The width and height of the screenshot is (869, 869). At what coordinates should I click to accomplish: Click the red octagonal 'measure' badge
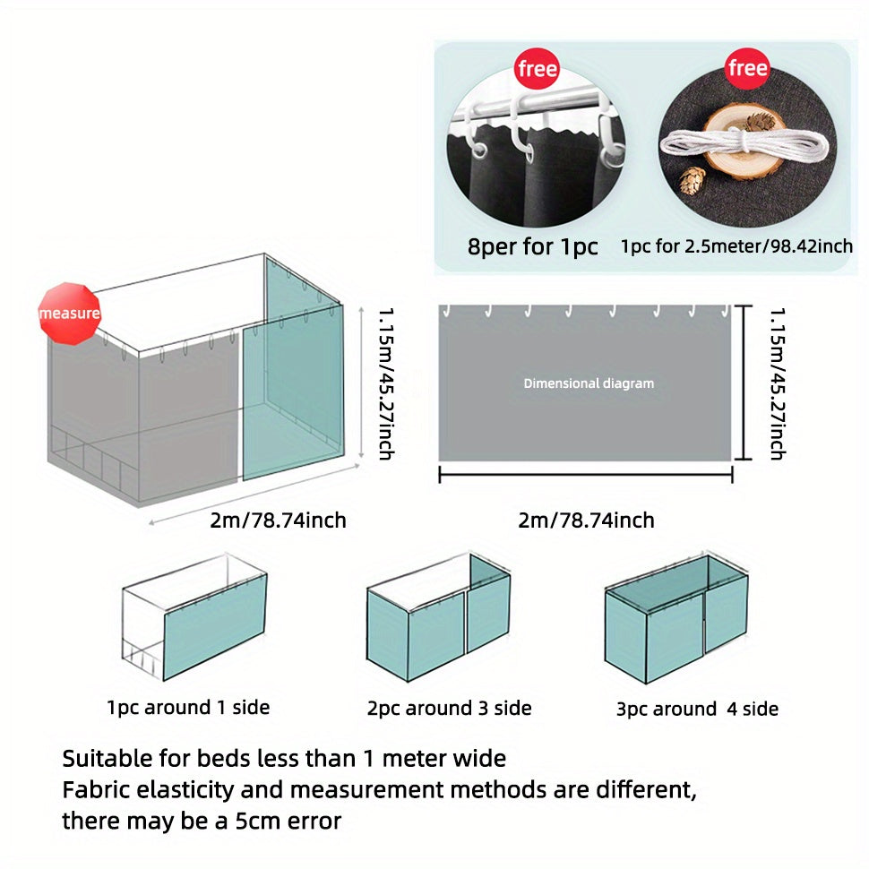[x=69, y=314]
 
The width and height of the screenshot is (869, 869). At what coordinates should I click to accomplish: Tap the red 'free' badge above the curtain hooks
[x=537, y=69]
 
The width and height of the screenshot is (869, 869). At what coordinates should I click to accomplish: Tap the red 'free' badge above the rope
[x=748, y=68]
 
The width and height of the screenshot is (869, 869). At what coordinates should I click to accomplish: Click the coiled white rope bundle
[x=744, y=143]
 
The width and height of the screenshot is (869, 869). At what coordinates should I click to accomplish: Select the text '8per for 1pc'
[x=532, y=246]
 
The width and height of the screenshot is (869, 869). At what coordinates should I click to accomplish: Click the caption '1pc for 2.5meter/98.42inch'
[x=736, y=246]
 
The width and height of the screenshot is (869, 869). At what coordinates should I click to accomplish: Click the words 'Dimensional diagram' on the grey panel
[x=589, y=383]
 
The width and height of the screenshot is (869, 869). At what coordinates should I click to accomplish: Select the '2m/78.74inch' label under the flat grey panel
[x=587, y=521]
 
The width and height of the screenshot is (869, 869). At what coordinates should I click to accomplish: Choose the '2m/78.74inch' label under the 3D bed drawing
[x=279, y=521]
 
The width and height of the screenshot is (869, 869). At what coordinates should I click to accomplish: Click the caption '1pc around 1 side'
[x=188, y=707]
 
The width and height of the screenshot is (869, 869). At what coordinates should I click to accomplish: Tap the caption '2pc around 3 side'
[x=450, y=708]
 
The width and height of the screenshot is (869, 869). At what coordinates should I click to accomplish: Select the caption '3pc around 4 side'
[x=697, y=709]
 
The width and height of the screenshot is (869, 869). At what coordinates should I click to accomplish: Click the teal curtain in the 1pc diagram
[x=215, y=627]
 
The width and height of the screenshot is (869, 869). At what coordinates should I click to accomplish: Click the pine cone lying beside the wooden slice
[x=693, y=181]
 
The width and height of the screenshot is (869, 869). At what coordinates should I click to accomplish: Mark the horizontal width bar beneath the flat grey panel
[x=586, y=475]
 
